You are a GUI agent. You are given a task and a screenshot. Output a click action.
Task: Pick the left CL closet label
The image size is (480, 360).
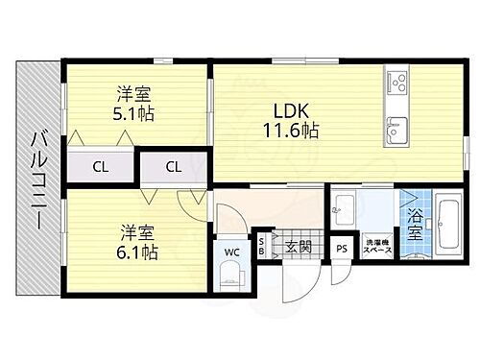[x=101, y=166]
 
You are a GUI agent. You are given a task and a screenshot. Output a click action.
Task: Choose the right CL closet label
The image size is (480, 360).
[x=174, y=166]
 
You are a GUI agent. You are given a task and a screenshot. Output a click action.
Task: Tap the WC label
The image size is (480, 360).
[x=230, y=252]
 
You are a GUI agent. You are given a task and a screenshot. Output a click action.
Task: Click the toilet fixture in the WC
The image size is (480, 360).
[x=231, y=276]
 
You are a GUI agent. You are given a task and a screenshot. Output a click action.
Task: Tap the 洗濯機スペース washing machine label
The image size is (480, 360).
[x=375, y=247]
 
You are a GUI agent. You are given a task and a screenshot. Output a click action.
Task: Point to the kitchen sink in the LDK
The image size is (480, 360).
[x=396, y=124]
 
